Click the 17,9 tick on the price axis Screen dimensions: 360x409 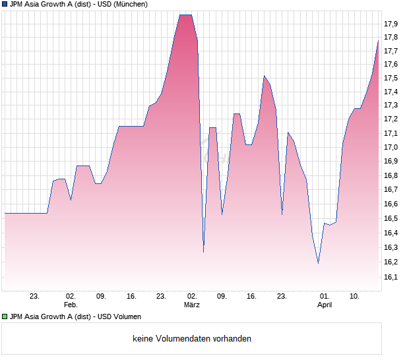(x=391, y=24)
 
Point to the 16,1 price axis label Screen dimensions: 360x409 (x=391, y=277)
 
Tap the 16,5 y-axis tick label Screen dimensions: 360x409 (x=391, y=218)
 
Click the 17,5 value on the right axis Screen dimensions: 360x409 (x=391, y=78)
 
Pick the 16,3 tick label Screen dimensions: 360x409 (x=391, y=247)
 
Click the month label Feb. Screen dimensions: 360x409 (x=71, y=305)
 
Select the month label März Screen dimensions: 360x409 (x=192, y=305)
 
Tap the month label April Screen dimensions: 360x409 (x=325, y=305)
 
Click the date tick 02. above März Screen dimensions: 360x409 (x=192, y=297)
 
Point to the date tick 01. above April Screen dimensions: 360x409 (x=325, y=297)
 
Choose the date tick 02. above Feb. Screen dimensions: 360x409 (x=71, y=297)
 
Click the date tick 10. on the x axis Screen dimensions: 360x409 (x=355, y=297)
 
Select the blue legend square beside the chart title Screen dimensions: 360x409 (x=5, y=4)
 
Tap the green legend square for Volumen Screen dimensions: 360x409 (x=5, y=317)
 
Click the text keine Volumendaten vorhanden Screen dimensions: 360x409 (x=192, y=339)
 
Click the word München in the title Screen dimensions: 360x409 (x=129, y=4)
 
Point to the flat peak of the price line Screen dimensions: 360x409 (x=186, y=15)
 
